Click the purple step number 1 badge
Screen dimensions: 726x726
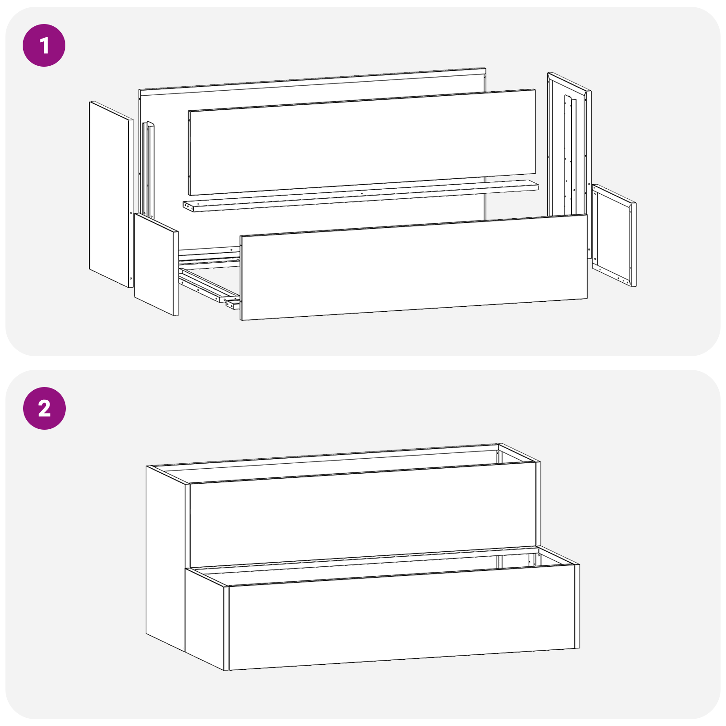click(x=44, y=45)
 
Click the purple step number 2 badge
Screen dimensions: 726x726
click(x=44, y=408)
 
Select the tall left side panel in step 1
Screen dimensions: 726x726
click(x=110, y=194)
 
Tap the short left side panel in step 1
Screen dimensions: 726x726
click(x=156, y=265)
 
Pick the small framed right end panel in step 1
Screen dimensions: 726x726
click(x=613, y=235)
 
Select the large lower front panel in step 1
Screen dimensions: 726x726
click(x=413, y=268)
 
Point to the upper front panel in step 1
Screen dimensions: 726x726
click(x=362, y=142)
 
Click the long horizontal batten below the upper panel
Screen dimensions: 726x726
click(x=361, y=196)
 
